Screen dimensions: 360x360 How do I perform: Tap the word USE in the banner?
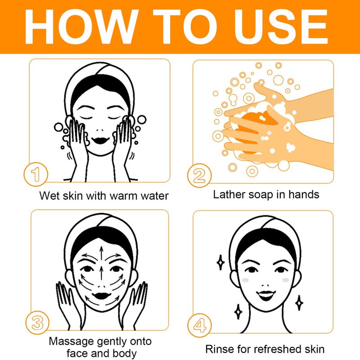click(x=281, y=27)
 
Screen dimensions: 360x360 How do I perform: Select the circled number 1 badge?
click(x=36, y=174)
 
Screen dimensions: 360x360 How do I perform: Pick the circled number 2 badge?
click(x=199, y=175)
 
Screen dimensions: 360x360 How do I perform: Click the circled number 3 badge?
click(x=37, y=323)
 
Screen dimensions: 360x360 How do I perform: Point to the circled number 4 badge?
click(x=199, y=325)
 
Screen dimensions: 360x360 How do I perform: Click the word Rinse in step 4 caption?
click(x=220, y=349)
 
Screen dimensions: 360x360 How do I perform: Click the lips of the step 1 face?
click(x=100, y=140)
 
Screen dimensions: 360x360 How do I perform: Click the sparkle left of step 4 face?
click(x=220, y=262)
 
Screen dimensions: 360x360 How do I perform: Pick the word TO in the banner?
click(x=184, y=27)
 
